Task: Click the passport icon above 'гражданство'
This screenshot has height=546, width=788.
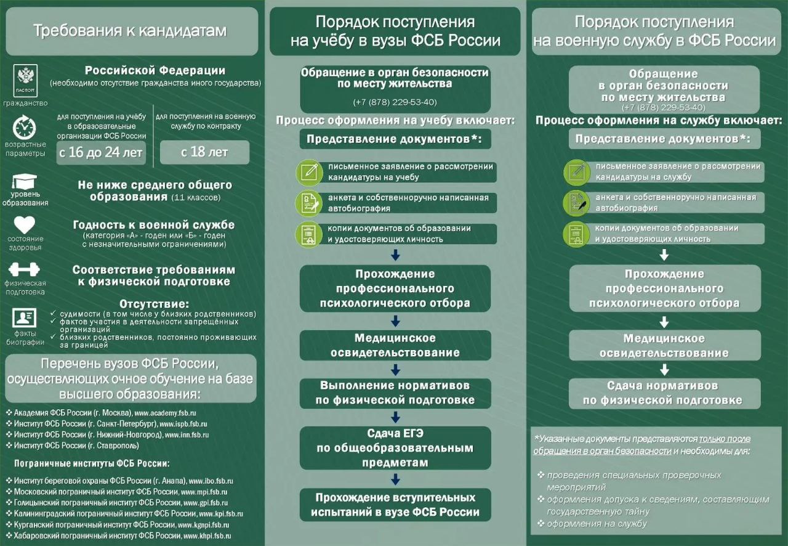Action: click(25, 79)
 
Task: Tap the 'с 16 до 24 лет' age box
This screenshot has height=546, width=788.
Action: click(101, 152)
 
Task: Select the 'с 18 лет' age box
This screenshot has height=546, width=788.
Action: click(204, 152)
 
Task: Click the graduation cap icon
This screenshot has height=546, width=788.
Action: click(25, 183)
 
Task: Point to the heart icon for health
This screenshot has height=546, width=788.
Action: click(25, 224)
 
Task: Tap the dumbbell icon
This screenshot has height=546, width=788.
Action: click(25, 269)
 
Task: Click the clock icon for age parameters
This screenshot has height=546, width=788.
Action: click(25, 128)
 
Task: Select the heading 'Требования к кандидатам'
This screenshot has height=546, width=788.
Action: click(130, 31)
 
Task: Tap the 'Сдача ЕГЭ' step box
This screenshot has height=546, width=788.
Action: click(395, 447)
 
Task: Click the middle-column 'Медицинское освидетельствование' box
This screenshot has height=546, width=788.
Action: click(395, 345)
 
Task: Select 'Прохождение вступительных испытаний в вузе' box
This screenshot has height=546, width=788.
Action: click(395, 505)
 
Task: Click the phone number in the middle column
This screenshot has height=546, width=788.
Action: click(395, 102)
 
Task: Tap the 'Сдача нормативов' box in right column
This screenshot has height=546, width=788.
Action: click(664, 393)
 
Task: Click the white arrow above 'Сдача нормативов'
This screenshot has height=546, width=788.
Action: click(664, 370)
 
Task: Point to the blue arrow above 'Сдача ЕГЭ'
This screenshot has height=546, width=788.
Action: click(395, 417)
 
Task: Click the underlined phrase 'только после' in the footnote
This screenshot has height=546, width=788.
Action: click(725, 439)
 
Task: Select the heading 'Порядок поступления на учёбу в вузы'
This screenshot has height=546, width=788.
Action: click(395, 31)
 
